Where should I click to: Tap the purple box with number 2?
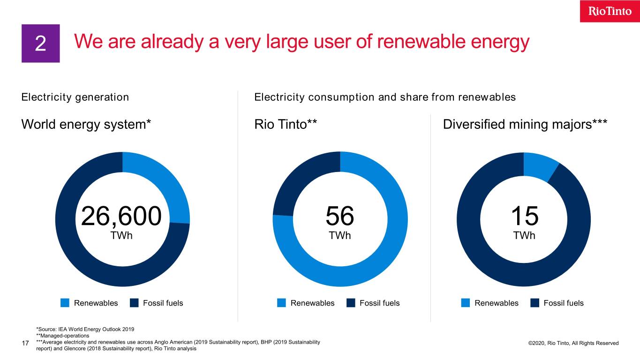[x=41, y=44]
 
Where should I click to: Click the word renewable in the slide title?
[x=400, y=43]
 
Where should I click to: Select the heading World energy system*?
[x=86, y=125]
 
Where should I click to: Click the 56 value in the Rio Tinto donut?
[x=340, y=216]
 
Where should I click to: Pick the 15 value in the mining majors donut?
[x=524, y=216]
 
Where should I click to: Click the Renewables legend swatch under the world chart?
[x=65, y=303]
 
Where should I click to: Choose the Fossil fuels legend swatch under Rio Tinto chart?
[x=351, y=303]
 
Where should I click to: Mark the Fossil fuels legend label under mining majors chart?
[x=564, y=303]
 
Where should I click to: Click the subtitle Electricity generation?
[x=75, y=97]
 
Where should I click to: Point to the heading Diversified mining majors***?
[x=525, y=125]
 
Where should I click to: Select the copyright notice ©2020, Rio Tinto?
[x=573, y=343]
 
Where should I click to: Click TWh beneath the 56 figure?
[x=340, y=236]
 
